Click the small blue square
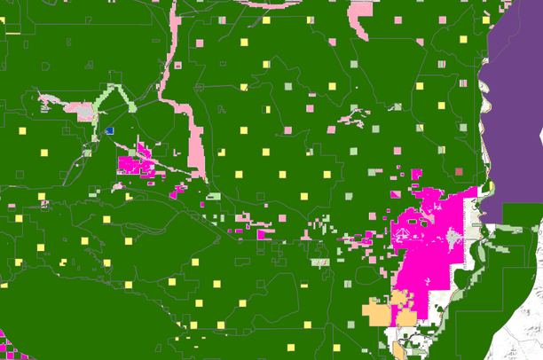pyautogui.click(x=110, y=130)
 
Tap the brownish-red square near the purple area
pyautogui.click(x=459, y=171)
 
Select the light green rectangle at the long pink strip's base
pyautogui.click(x=213, y=196)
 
